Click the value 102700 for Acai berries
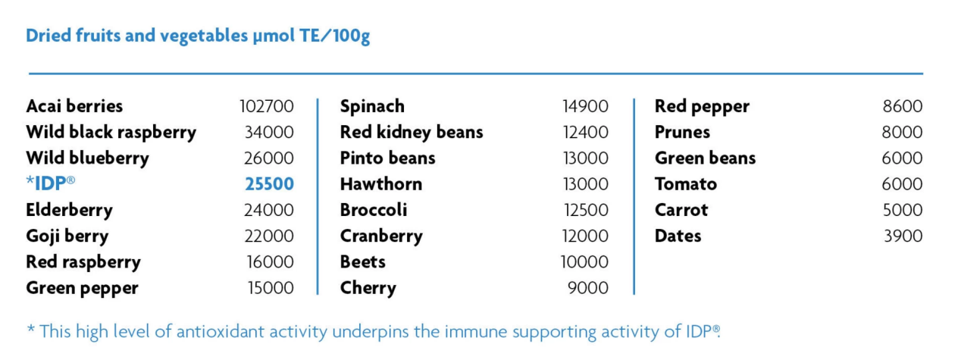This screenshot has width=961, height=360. pos(267,106)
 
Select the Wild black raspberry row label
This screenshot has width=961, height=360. pos(111,133)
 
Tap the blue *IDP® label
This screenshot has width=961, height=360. pos(51,183)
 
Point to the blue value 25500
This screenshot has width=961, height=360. pos(269,184)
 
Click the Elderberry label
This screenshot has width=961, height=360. pos(70,211)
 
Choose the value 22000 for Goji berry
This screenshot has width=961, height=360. pos(269,236)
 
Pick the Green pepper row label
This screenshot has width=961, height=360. pos(83,288)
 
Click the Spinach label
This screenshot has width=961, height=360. pos(372,107)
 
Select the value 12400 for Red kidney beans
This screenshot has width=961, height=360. pos(586,132)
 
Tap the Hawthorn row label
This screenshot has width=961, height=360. pos(381,184)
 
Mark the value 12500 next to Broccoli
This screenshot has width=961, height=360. pos(586,210)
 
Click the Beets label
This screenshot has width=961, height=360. pos(363,261)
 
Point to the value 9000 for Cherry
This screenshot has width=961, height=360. pos(588,288)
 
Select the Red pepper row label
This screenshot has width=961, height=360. pos(703,107)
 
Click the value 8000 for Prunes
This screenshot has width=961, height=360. pos(902,132)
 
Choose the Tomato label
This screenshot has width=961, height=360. pos(686,184)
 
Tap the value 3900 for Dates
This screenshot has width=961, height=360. pos(903,236)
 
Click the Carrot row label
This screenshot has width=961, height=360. pos(681,210)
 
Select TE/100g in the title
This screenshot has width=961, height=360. pos(334,36)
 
